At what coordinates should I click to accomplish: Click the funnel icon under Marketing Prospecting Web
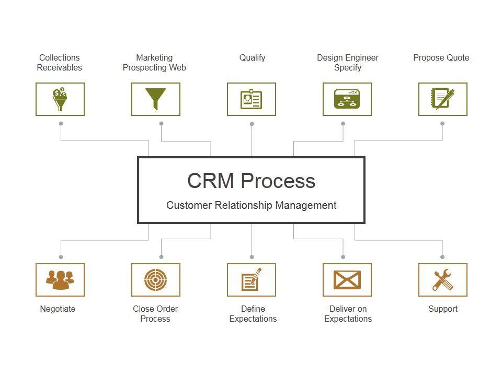155,99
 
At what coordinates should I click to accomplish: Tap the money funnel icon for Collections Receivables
60,99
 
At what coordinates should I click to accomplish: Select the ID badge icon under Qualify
251,99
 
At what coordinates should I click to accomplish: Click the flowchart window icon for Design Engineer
347,99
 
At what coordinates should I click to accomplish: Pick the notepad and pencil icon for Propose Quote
442,99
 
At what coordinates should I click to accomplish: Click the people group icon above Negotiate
60,280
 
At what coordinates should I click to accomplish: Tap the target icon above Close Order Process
155,280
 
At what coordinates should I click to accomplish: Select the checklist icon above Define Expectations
251,280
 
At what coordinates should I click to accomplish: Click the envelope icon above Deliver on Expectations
347,280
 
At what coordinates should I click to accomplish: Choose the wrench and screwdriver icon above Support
442,280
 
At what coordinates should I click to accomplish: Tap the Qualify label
252,58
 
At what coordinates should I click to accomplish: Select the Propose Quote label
441,58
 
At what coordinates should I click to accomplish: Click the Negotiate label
58,309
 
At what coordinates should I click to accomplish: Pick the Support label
442,309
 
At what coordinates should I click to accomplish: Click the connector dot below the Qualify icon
252,124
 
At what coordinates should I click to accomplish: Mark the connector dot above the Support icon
442,257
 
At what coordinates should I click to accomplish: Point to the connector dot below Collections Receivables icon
61,124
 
